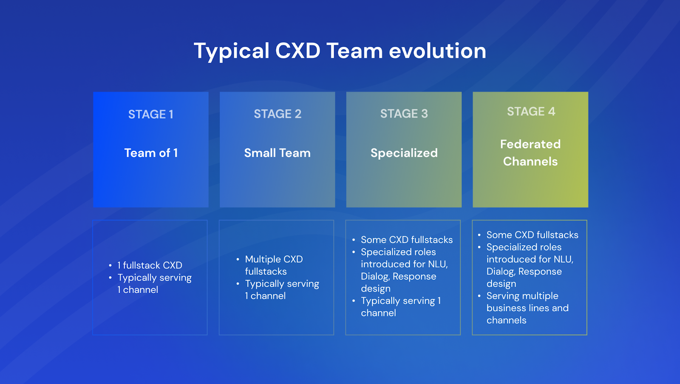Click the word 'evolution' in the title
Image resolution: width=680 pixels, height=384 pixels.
point(437,51)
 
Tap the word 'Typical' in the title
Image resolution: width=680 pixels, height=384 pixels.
point(232,51)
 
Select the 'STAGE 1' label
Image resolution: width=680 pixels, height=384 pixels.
point(151,114)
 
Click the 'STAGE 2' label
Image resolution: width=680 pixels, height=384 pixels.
point(278,114)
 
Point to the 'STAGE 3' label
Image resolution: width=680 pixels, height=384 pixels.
point(404,114)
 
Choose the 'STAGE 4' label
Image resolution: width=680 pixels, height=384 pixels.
point(531,112)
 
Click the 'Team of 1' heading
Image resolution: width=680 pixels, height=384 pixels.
point(151,153)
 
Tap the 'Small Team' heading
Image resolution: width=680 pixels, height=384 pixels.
point(277,153)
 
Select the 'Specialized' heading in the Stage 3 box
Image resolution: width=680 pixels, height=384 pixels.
point(404,153)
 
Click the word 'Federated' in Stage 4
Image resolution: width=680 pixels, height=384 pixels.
point(530,144)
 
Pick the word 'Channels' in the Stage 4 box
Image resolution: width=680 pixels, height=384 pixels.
point(530,161)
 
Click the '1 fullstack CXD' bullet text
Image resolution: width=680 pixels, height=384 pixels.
point(150,265)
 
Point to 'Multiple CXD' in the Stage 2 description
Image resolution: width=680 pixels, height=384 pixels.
point(274,259)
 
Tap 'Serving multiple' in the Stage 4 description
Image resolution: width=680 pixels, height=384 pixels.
point(522,296)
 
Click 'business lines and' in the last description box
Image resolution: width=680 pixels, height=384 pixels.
point(527,308)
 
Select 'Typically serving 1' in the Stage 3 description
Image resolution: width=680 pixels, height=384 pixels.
point(401,301)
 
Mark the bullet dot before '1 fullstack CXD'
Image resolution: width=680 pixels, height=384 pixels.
point(110,266)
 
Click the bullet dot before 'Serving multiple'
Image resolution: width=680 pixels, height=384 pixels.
point(479,296)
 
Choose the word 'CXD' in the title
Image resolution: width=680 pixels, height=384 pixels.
point(297,51)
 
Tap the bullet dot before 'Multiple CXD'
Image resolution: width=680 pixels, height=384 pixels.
point(238,259)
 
